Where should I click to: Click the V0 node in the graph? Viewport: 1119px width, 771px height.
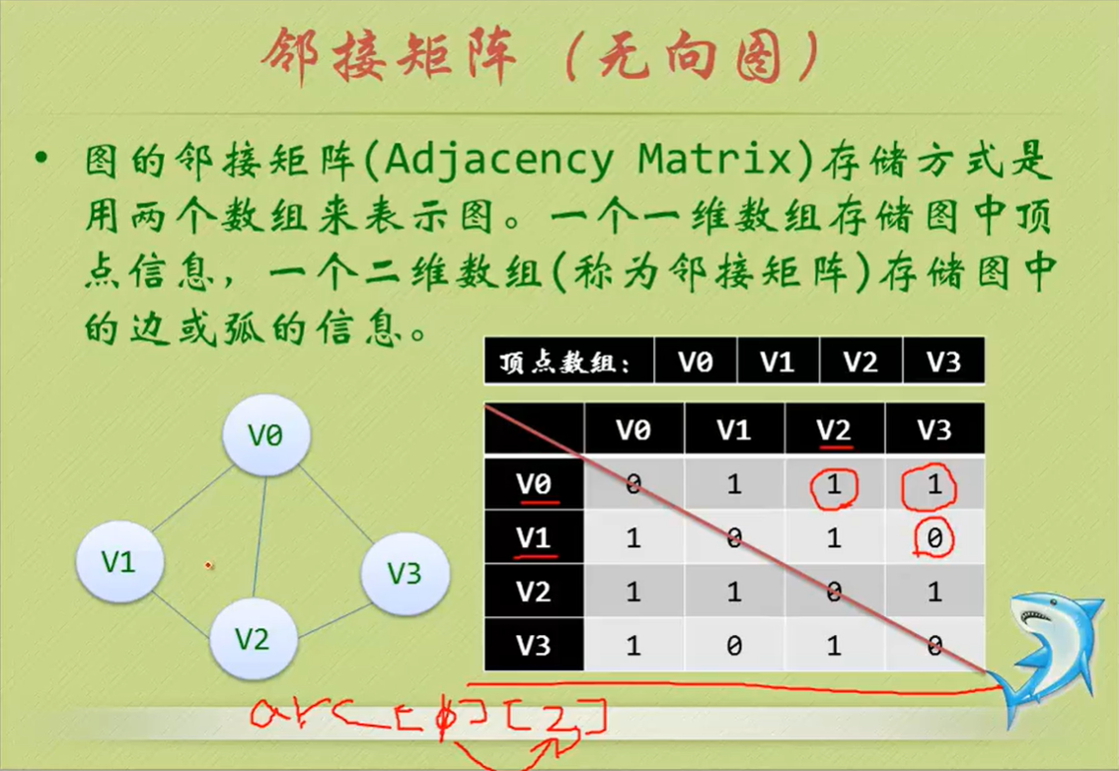tap(265, 435)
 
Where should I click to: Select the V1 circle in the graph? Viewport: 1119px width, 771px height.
tap(119, 561)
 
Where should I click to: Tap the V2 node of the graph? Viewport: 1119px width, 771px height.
tap(252, 639)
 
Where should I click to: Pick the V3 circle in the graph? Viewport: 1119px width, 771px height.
tap(405, 572)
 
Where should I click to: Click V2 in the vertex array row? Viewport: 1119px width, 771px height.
tap(860, 362)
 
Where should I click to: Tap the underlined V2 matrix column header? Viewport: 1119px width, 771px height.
tap(835, 430)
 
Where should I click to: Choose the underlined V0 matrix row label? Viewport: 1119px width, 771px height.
tap(534, 484)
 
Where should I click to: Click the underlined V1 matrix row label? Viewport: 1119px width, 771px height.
tap(534, 538)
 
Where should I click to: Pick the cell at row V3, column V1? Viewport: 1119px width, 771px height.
tap(734, 646)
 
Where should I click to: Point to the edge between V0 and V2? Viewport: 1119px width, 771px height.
tap(260, 537)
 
